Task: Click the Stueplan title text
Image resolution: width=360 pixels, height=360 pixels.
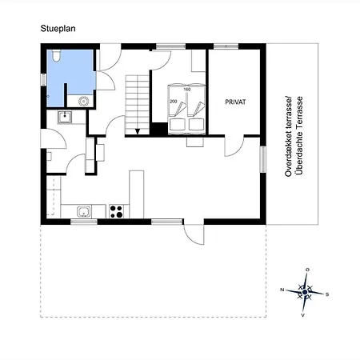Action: point(58,29)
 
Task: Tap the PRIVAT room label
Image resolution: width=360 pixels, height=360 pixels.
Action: point(235,102)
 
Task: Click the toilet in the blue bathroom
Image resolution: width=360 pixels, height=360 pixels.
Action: point(56,56)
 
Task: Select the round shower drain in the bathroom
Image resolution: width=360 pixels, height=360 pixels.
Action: point(84,102)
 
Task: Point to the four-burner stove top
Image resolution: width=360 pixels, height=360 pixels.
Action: point(117,211)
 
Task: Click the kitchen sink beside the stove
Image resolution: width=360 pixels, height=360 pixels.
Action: point(84,212)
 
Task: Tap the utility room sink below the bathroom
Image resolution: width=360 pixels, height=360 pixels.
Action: point(65,117)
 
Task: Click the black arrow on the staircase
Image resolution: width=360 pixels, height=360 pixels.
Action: point(138,131)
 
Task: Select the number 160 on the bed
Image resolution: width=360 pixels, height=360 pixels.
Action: point(187,90)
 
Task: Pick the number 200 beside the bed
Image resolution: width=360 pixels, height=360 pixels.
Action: point(174,102)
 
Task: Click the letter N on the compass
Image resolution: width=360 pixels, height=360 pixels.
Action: point(282,290)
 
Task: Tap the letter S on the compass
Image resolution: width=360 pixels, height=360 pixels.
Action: point(327,294)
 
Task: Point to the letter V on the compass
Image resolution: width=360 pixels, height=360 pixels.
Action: point(303,315)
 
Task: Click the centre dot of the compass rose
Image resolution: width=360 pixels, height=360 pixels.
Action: point(305,292)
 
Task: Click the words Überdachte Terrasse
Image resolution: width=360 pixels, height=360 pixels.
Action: point(300,135)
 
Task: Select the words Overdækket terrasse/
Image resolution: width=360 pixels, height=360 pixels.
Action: point(289,136)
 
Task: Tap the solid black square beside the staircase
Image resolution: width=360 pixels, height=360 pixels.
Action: point(159,129)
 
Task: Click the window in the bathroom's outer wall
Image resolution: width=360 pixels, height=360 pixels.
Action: point(43,80)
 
